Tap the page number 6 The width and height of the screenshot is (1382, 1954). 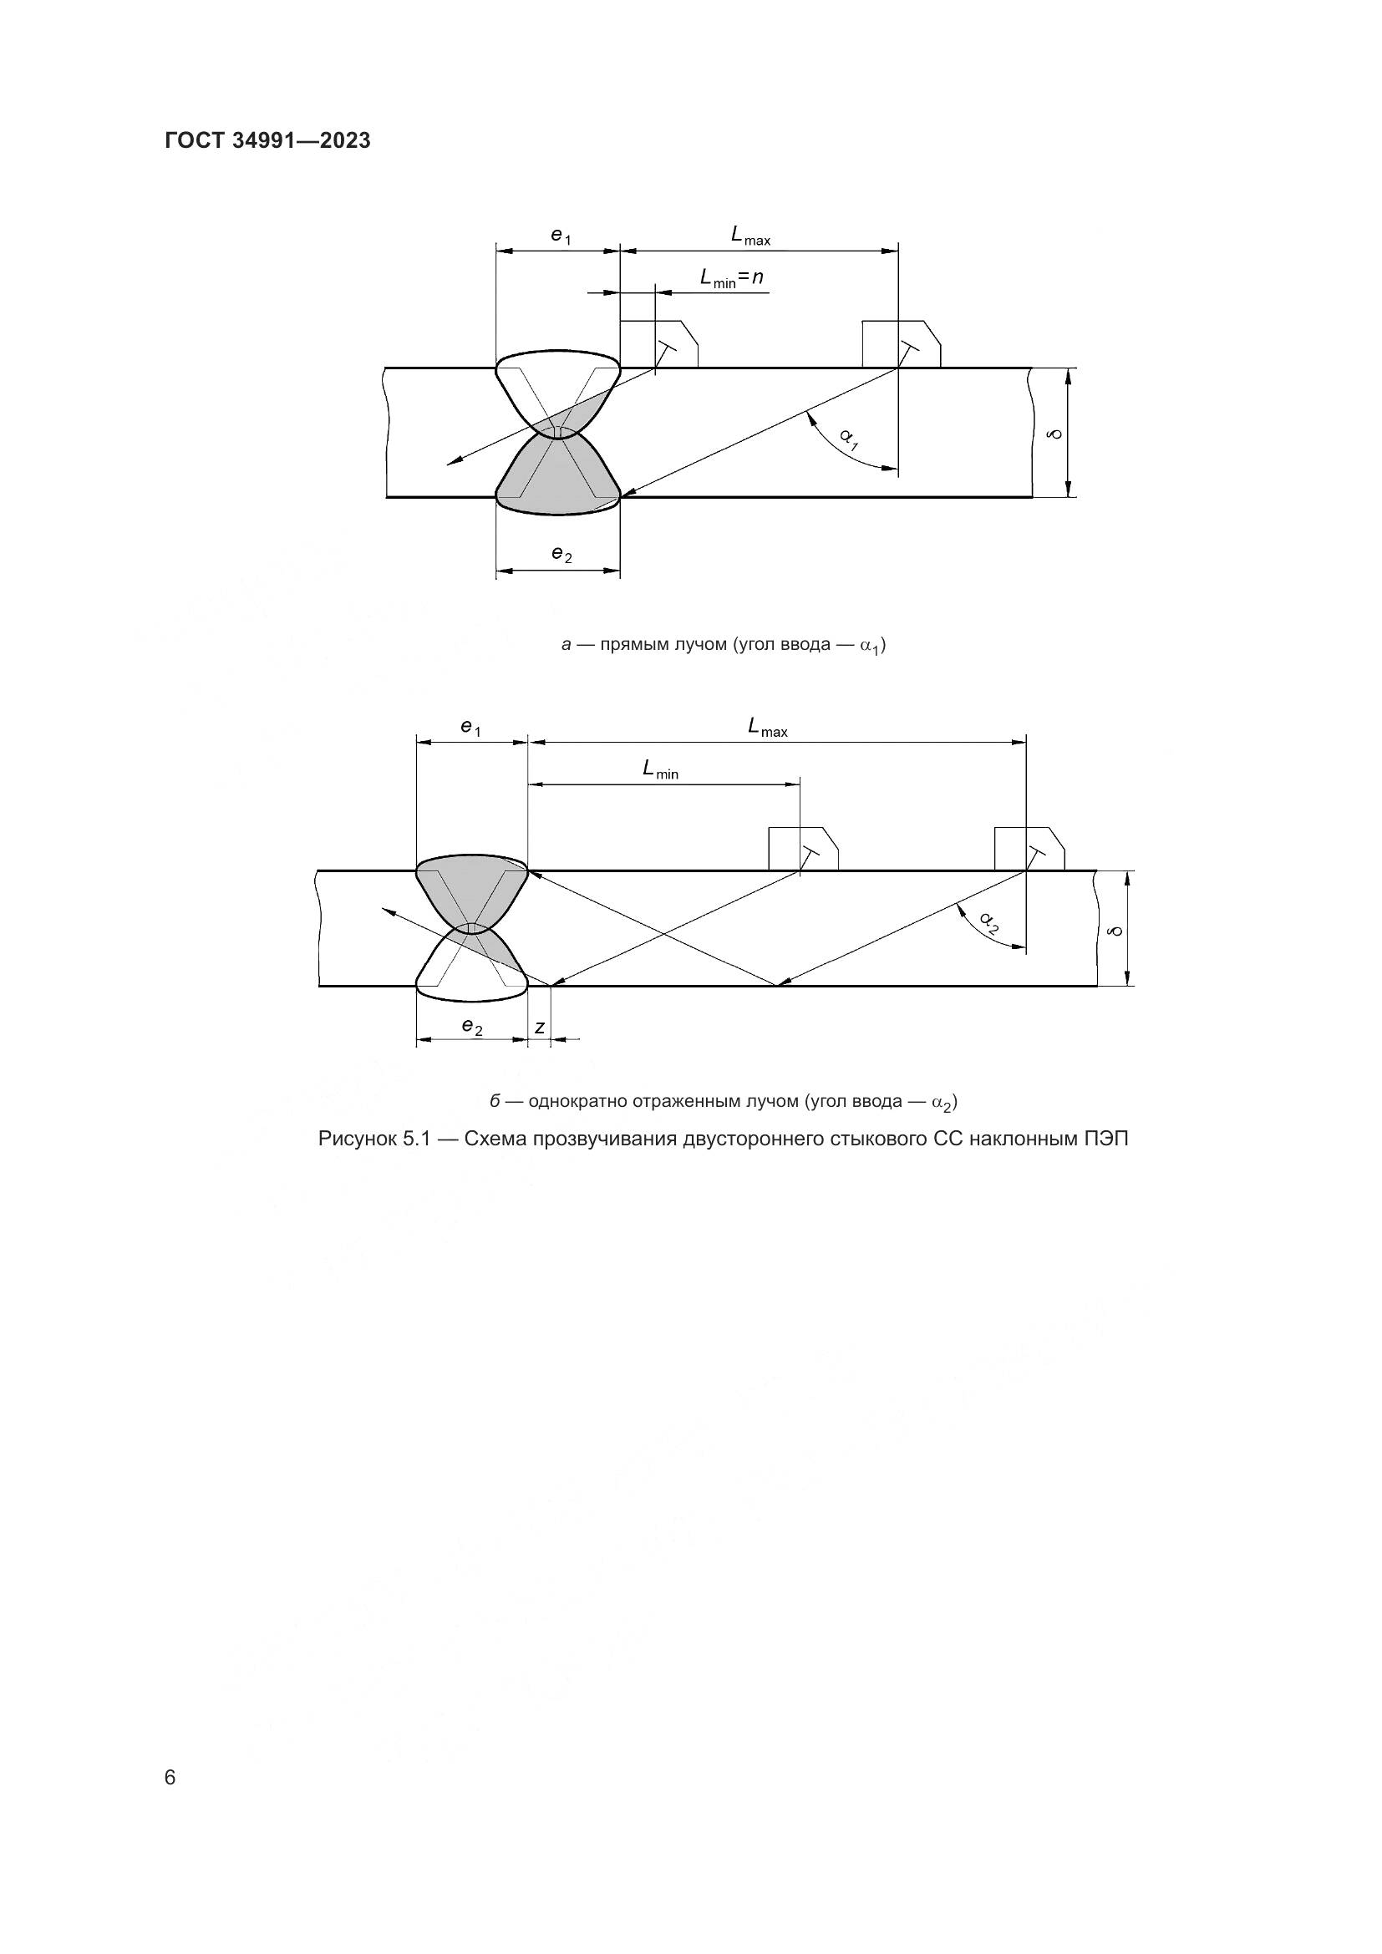[170, 1777]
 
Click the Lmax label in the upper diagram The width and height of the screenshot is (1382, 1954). [749, 236]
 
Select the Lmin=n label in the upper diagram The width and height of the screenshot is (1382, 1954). [731, 277]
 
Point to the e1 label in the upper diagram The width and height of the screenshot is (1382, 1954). [561, 236]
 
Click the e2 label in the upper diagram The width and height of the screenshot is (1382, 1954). [561, 555]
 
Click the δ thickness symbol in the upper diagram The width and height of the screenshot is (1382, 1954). [1056, 434]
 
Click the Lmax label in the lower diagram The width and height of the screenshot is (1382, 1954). [767, 728]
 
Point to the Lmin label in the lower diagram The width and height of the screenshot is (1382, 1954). [660, 770]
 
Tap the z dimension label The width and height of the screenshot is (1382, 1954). [540, 1028]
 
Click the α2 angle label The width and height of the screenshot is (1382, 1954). [988, 921]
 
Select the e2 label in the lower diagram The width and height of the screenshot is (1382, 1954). [472, 1028]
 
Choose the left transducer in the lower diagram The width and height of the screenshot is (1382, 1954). [802, 850]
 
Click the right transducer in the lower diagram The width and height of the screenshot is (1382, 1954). [1029, 850]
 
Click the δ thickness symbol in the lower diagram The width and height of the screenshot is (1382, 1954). [1115, 930]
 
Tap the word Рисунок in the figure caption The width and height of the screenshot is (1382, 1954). [353, 1139]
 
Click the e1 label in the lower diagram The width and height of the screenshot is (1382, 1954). [470, 728]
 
